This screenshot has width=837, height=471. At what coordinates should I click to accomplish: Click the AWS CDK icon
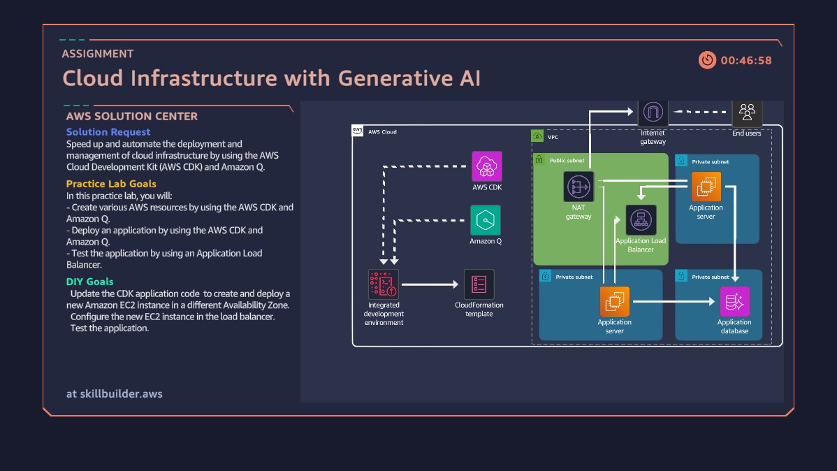pyautogui.click(x=486, y=166)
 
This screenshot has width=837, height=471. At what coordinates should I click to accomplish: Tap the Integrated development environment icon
pyautogui.click(x=384, y=284)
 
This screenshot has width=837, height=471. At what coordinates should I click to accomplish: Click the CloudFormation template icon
pyautogui.click(x=479, y=284)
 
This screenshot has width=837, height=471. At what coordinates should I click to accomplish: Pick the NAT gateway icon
pyautogui.click(x=578, y=187)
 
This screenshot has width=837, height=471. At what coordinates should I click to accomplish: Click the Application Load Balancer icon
pyautogui.click(x=641, y=220)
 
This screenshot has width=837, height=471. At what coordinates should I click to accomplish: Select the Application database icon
pyautogui.click(x=734, y=302)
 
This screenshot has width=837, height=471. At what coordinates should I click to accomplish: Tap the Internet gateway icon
pyautogui.click(x=653, y=113)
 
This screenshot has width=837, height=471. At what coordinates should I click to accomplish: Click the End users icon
pyautogui.click(x=747, y=113)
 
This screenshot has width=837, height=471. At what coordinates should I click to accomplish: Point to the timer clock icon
pyautogui.click(x=708, y=60)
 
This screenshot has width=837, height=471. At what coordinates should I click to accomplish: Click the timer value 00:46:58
pyautogui.click(x=746, y=61)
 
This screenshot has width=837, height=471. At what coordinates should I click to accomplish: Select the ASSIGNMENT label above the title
pyautogui.click(x=98, y=54)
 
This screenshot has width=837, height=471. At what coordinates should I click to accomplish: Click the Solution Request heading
pyautogui.click(x=108, y=131)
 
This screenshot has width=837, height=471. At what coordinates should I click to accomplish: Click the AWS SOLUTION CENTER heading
pyautogui.click(x=132, y=117)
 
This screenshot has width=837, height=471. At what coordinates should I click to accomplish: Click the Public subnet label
pyautogui.click(x=567, y=161)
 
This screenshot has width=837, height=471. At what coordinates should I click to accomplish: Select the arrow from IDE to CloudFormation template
pyautogui.click(x=430, y=284)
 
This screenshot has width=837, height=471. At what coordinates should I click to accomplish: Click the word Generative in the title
pyautogui.click(x=385, y=78)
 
